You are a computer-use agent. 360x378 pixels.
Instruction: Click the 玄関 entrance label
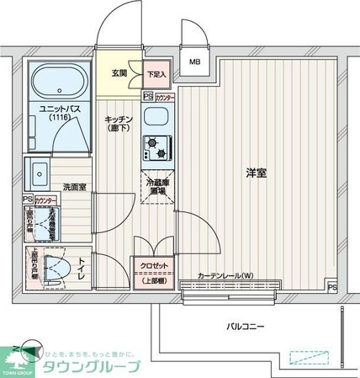click(x=119, y=73)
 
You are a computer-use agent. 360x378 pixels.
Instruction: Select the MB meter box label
click(x=194, y=61)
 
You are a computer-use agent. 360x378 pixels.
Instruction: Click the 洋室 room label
click(x=256, y=173)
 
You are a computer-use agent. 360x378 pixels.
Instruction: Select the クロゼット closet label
click(x=154, y=266)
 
